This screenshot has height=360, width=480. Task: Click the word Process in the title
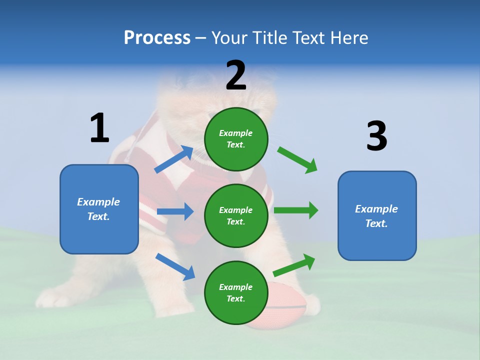[x=157, y=37]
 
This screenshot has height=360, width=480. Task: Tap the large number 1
[x=99, y=128]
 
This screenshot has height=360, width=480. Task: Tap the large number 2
[x=236, y=75]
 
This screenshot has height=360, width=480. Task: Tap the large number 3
[x=376, y=136]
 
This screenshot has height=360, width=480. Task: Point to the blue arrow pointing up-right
[x=174, y=159]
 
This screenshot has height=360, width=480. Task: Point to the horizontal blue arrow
[x=175, y=211]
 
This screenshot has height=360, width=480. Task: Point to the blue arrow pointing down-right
[x=175, y=266]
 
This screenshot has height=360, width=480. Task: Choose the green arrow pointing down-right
[x=298, y=159]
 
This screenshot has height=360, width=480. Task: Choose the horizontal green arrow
[x=296, y=210]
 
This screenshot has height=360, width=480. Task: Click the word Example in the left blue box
[x=98, y=202]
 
